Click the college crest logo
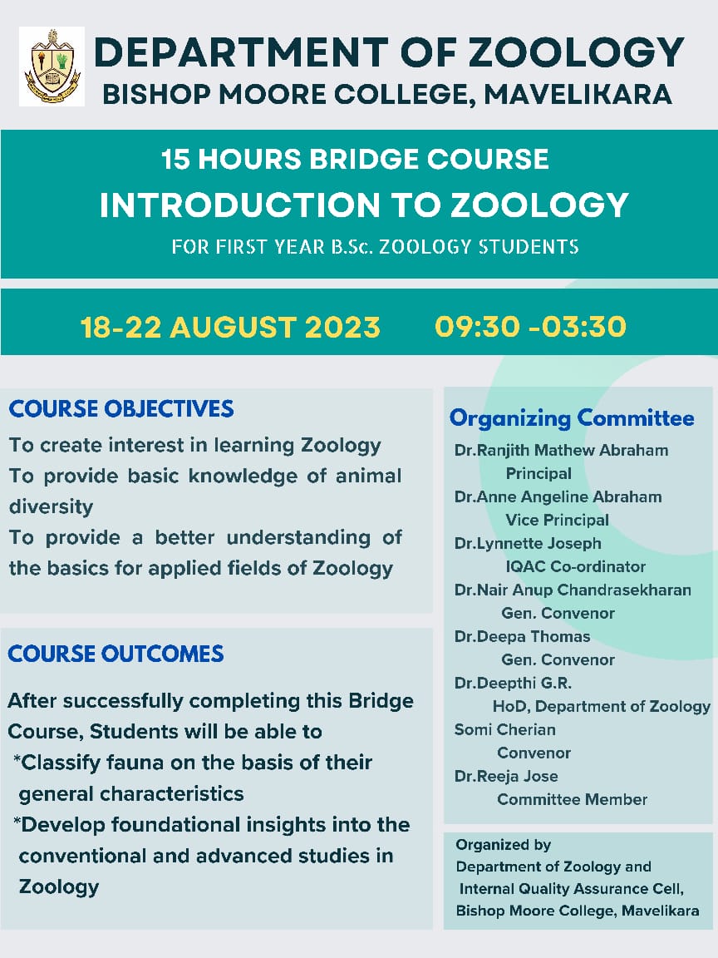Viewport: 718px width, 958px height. point(52,66)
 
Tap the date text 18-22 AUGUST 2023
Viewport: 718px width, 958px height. point(230,327)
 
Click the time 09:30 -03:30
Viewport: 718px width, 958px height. point(530,327)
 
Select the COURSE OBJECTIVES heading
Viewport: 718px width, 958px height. point(121,409)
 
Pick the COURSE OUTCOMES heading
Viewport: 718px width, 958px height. point(116,654)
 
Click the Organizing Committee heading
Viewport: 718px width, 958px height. point(572,417)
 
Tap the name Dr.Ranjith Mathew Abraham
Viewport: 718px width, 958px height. point(561,450)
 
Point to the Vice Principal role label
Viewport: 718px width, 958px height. point(557,520)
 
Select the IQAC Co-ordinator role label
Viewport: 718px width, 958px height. point(575,566)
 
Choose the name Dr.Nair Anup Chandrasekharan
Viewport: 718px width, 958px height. point(573,590)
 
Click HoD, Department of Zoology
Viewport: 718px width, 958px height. point(602,706)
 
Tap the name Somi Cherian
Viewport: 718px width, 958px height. point(505,729)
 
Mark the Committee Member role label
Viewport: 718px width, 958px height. point(572,799)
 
